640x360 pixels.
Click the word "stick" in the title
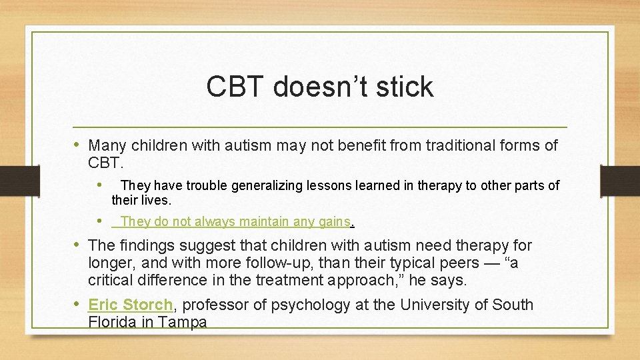point(405,87)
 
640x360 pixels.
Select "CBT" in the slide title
point(234,87)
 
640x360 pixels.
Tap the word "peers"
point(455,263)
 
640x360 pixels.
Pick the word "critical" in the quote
point(113,281)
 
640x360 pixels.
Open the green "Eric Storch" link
point(130,305)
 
